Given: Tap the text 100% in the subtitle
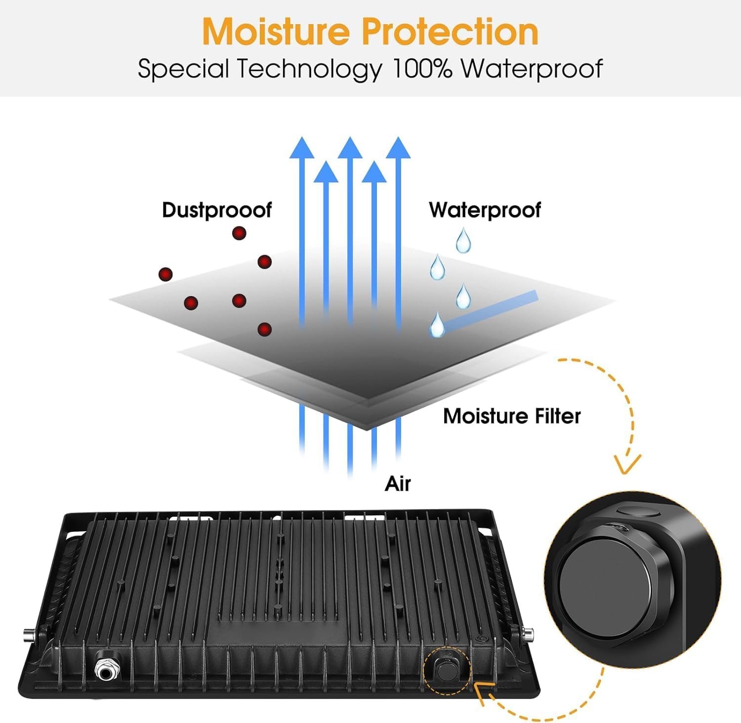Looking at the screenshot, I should [x=422, y=69].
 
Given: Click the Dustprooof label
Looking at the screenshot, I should [x=216, y=210].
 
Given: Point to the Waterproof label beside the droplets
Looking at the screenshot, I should [x=485, y=210].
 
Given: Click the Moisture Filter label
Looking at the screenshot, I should [x=512, y=416].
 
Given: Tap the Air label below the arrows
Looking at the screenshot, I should [x=398, y=484].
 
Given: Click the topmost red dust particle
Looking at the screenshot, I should [x=239, y=233].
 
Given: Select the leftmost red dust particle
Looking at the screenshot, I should [x=165, y=274].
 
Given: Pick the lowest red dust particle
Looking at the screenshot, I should [x=265, y=329].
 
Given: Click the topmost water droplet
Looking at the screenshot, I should [x=463, y=240].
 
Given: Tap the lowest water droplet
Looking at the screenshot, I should [x=437, y=325].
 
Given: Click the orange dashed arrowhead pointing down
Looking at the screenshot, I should [x=627, y=465].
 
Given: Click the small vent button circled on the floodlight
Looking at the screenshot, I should [x=447, y=669].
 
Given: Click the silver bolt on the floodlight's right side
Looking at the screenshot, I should [x=530, y=633].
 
